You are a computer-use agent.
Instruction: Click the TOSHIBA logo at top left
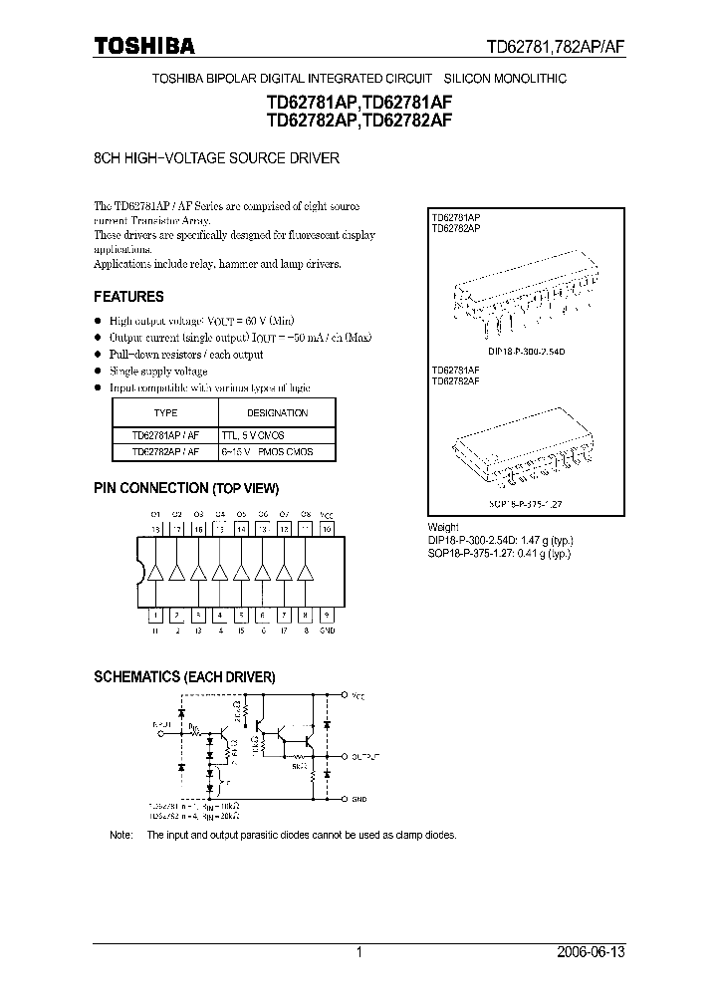point(145,45)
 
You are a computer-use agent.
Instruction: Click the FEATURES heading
point(128,297)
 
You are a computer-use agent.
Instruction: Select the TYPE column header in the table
point(165,412)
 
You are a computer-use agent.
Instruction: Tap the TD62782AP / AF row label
point(165,451)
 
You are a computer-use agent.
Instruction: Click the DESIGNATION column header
point(277,412)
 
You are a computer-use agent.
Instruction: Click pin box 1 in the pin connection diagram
point(155,617)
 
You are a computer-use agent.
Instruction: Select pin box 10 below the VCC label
point(327,530)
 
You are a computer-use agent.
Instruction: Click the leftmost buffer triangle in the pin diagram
point(155,573)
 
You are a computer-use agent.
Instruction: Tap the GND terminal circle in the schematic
point(345,798)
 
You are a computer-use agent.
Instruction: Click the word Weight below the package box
point(444,527)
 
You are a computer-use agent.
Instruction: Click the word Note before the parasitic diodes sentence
point(119,835)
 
